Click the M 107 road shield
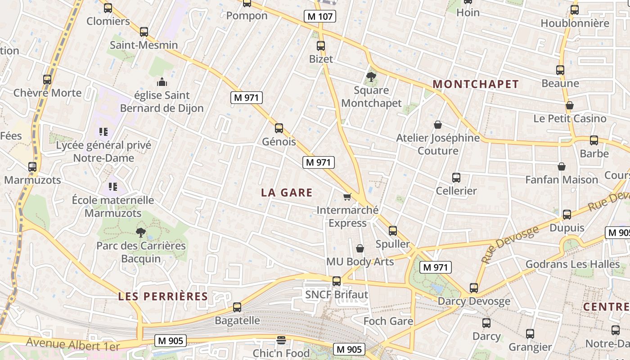(320, 17)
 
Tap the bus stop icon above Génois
(279, 128)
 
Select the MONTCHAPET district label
(476, 84)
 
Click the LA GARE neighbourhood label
(287, 193)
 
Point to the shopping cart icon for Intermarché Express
(347, 197)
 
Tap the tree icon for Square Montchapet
(371, 77)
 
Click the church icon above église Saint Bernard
(162, 82)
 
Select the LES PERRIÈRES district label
(163, 297)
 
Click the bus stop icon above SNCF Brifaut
(337, 281)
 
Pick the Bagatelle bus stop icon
(237, 307)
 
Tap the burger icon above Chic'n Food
(281, 340)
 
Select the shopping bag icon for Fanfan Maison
(562, 166)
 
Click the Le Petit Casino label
(570, 118)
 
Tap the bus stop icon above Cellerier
(456, 178)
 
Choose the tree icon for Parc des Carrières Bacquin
(141, 233)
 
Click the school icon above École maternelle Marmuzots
(113, 186)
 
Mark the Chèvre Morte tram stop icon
(47, 80)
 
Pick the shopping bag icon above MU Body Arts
(360, 248)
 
